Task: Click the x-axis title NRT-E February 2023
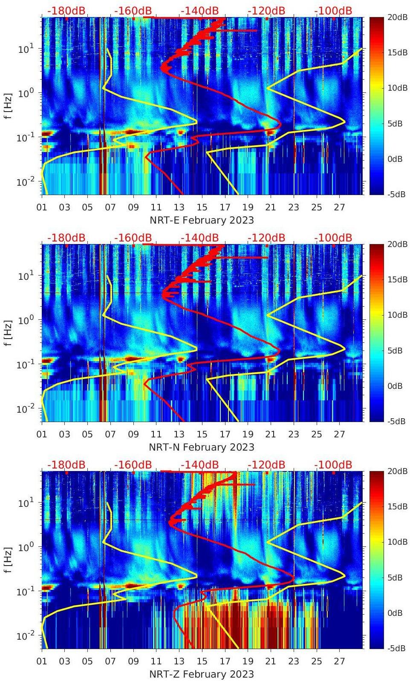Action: tap(202, 220)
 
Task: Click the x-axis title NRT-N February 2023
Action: tap(202, 447)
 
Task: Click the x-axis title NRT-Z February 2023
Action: tap(202, 674)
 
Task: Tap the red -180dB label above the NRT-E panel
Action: tap(66, 11)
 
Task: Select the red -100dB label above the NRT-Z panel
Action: tap(333, 465)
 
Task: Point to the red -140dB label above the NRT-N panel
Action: tap(199, 238)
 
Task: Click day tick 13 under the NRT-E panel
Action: tap(179, 207)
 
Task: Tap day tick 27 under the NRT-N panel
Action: tap(339, 434)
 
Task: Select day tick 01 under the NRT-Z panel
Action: tap(42, 661)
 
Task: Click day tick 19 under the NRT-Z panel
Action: tap(248, 661)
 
